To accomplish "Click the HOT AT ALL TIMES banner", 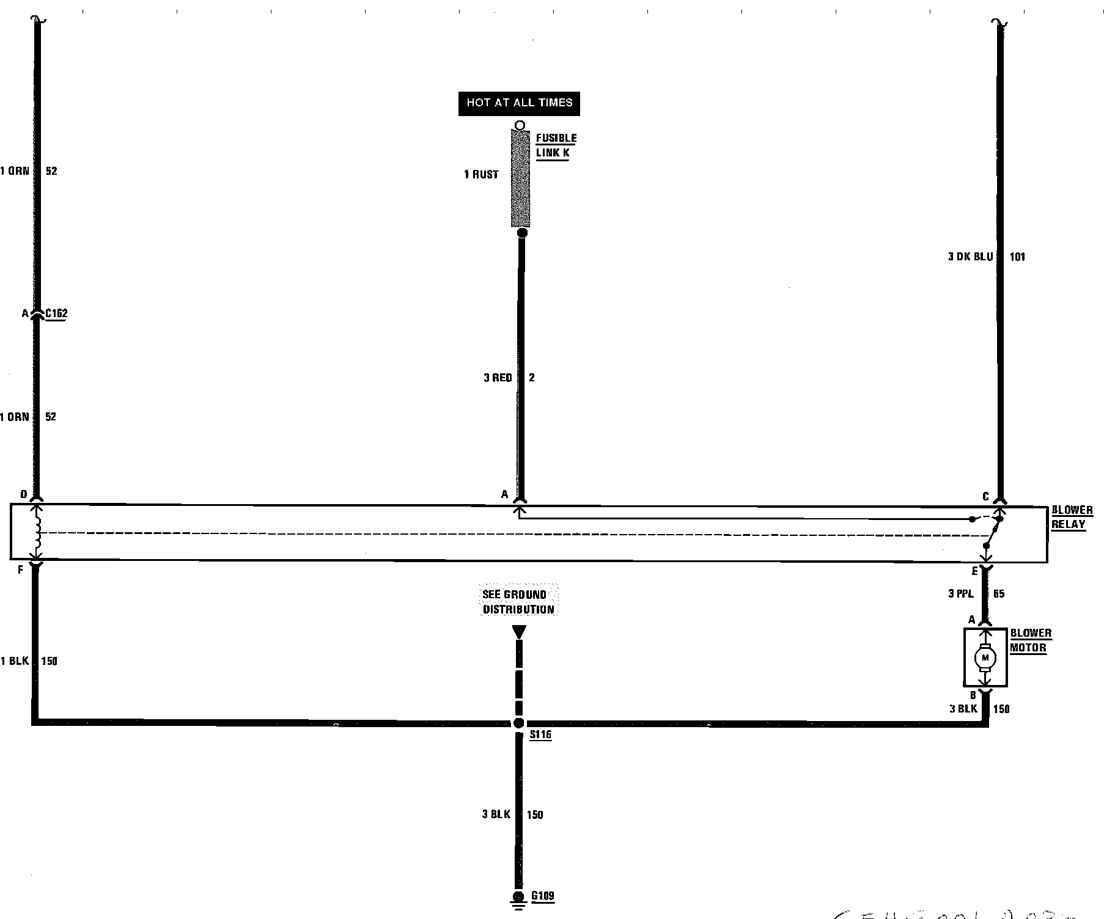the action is click(519, 103).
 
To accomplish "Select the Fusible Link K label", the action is click(556, 145).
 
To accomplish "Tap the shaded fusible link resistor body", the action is click(520, 178).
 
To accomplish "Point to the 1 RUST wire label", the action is click(481, 175).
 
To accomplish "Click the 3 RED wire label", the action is click(498, 378).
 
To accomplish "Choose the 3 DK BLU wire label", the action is click(970, 257).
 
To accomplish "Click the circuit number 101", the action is click(1017, 257).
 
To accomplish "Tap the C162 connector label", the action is click(56, 314).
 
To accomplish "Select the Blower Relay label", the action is click(1072, 517).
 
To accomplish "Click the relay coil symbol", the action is click(37, 533).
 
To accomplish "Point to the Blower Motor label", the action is click(1030, 640).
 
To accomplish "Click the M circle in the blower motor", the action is click(985, 658).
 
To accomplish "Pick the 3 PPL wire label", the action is click(960, 593).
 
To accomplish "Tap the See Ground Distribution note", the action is click(518, 602).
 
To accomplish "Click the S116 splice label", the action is click(540, 734).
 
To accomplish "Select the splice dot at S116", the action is click(519, 723).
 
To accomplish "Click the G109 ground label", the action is click(542, 896).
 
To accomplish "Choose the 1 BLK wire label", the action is click(15, 661).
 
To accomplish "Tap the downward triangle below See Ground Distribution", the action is click(519, 632).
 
